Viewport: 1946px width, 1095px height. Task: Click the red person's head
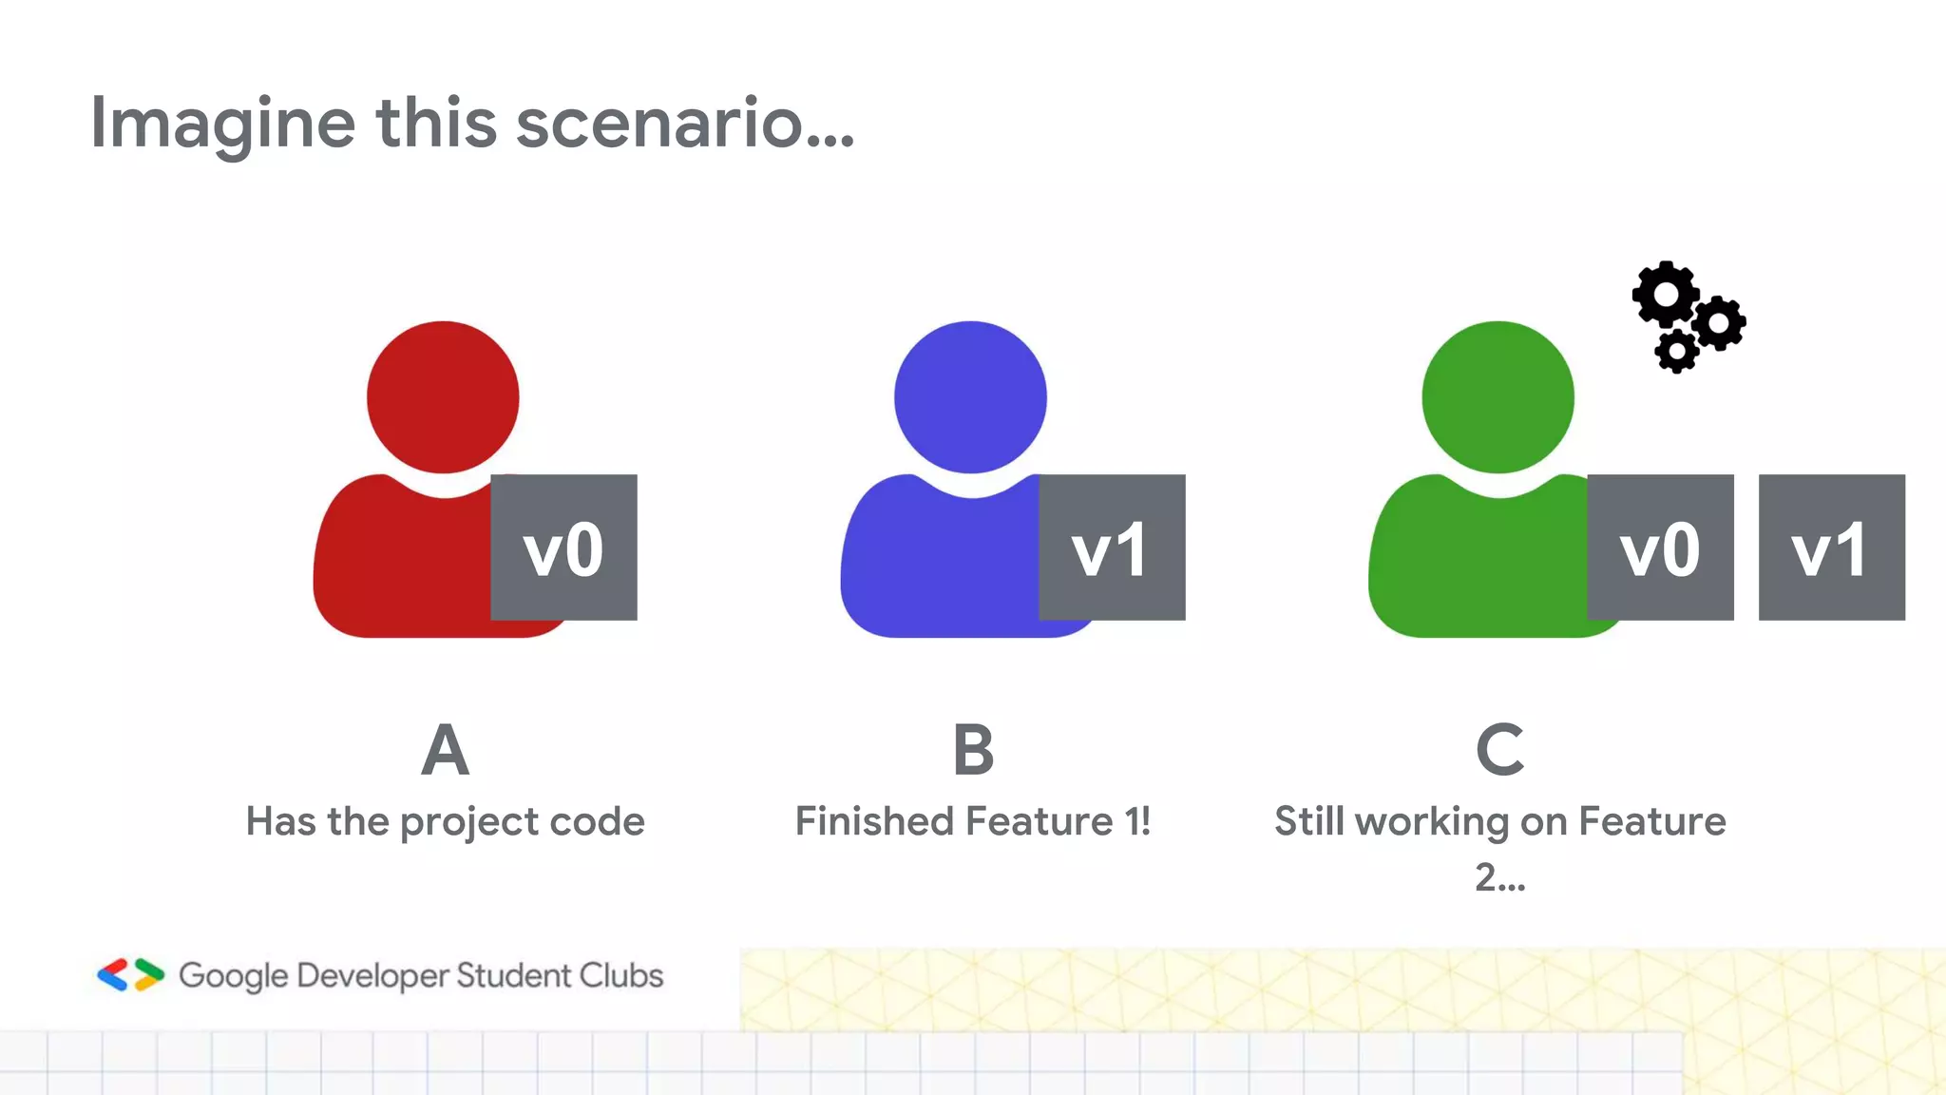pyautogui.click(x=443, y=396)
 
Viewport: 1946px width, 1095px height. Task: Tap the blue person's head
pyautogui.click(x=970, y=396)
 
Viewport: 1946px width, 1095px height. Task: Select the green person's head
pyautogui.click(x=1498, y=396)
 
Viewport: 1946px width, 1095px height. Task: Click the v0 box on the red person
pyautogui.click(x=563, y=547)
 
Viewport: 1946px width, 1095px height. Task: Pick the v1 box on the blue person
pyautogui.click(x=1112, y=547)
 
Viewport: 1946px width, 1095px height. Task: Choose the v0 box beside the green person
pyautogui.click(x=1660, y=547)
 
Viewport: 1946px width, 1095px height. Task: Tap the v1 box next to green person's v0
pyautogui.click(x=1831, y=547)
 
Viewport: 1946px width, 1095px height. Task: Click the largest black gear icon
pyautogui.click(x=1666, y=295)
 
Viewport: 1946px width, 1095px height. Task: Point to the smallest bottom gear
pyautogui.click(x=1676, y=352)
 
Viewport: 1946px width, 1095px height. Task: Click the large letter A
pyautogui.click(x=445, y=750)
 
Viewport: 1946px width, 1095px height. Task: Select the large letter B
pyautogui.click(x=973, y=750)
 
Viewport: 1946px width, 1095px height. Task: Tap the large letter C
pyautogui.click(x=1499, y=750)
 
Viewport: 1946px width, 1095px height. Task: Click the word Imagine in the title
pyautogui.click(x=222, y=124)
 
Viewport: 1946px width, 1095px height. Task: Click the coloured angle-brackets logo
pyautogui.click(x=130, y=975)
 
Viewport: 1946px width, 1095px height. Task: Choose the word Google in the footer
pyautogui.click(x=233, y=976)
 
